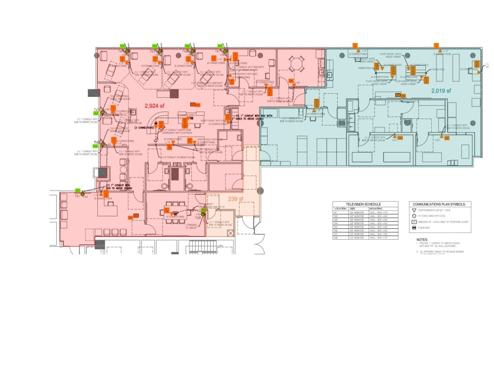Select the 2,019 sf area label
[441, 90]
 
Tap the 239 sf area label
[236, 199]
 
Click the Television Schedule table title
[364, 204]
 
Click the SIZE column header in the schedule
[352, 208]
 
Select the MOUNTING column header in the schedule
[376, 208]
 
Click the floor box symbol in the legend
[414, 228]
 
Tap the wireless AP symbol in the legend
[414, 221]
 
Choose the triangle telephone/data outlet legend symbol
[414, 210]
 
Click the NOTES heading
[422, 239]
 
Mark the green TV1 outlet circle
[82, 193]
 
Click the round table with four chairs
[296, 63]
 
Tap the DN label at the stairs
[220, 246]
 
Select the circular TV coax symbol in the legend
[414, 216]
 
